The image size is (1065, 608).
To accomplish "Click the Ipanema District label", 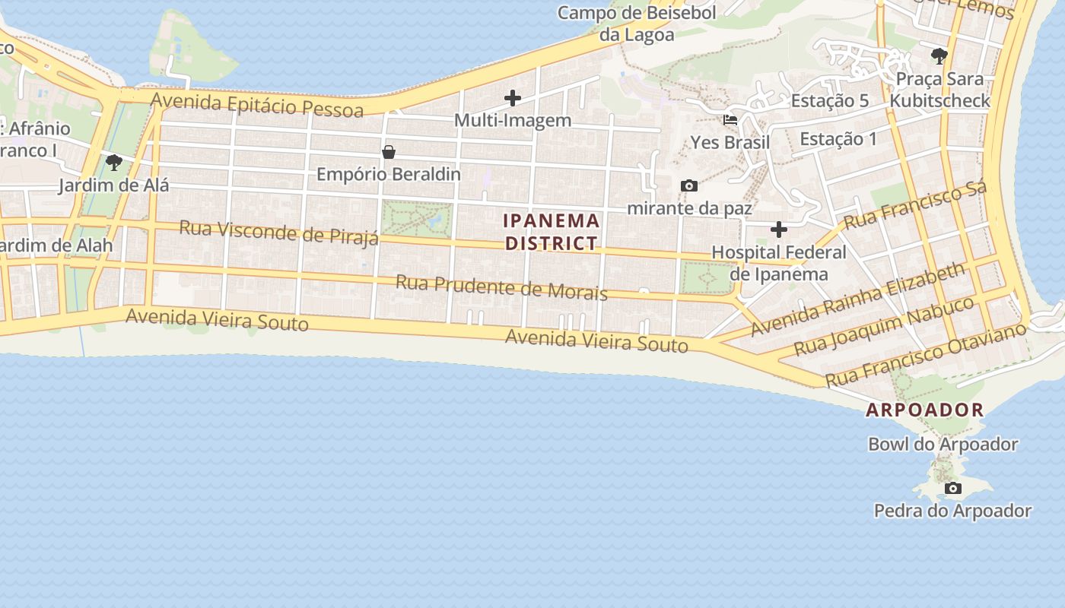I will coord(552,232).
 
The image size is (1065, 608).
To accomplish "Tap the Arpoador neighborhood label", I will coord(925,410).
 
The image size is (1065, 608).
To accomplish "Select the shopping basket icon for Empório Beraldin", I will coord(389,152).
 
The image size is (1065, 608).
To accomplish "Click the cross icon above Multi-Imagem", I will coord(513,97).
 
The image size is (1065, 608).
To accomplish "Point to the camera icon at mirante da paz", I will coord(689,185).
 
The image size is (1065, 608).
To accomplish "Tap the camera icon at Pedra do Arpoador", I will coord(952,488).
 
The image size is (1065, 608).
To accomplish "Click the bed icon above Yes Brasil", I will coord(730,120).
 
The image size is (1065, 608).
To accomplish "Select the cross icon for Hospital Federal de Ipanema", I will coord(779,229).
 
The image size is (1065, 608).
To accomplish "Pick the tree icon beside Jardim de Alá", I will coord(114,162).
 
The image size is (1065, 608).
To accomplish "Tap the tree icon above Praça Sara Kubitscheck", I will coord(939,55).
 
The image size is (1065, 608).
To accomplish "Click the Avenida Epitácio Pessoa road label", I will coord(257,105).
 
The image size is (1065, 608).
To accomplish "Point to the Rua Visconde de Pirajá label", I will coord(278,233).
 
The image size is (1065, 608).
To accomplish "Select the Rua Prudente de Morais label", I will coord(501,287).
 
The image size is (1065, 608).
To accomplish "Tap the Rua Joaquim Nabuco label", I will coord(883,326).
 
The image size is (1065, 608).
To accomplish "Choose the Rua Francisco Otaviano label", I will coord(925,354).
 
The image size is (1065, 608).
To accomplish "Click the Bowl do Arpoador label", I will coord(943,444).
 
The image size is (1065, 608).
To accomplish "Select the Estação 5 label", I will coord(829,100).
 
